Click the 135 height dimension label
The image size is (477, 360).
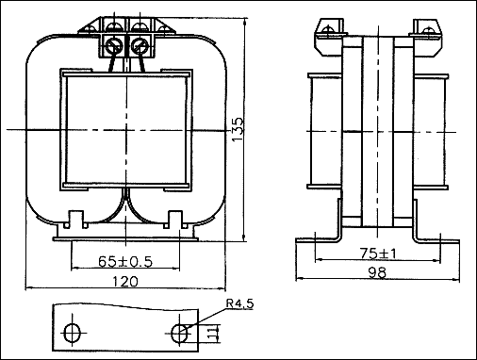coord(238,129)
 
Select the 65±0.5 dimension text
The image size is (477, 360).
coord(125,261)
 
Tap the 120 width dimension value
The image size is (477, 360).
coord(125,282)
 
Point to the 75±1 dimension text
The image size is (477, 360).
coord(378,254)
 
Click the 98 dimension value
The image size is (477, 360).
coord(378,272)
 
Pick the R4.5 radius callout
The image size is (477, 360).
coord(239,303)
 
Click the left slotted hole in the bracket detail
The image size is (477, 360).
coord(73,333)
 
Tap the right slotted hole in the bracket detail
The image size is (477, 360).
coord(180,333)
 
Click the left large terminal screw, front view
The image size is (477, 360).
coord(113,46)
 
